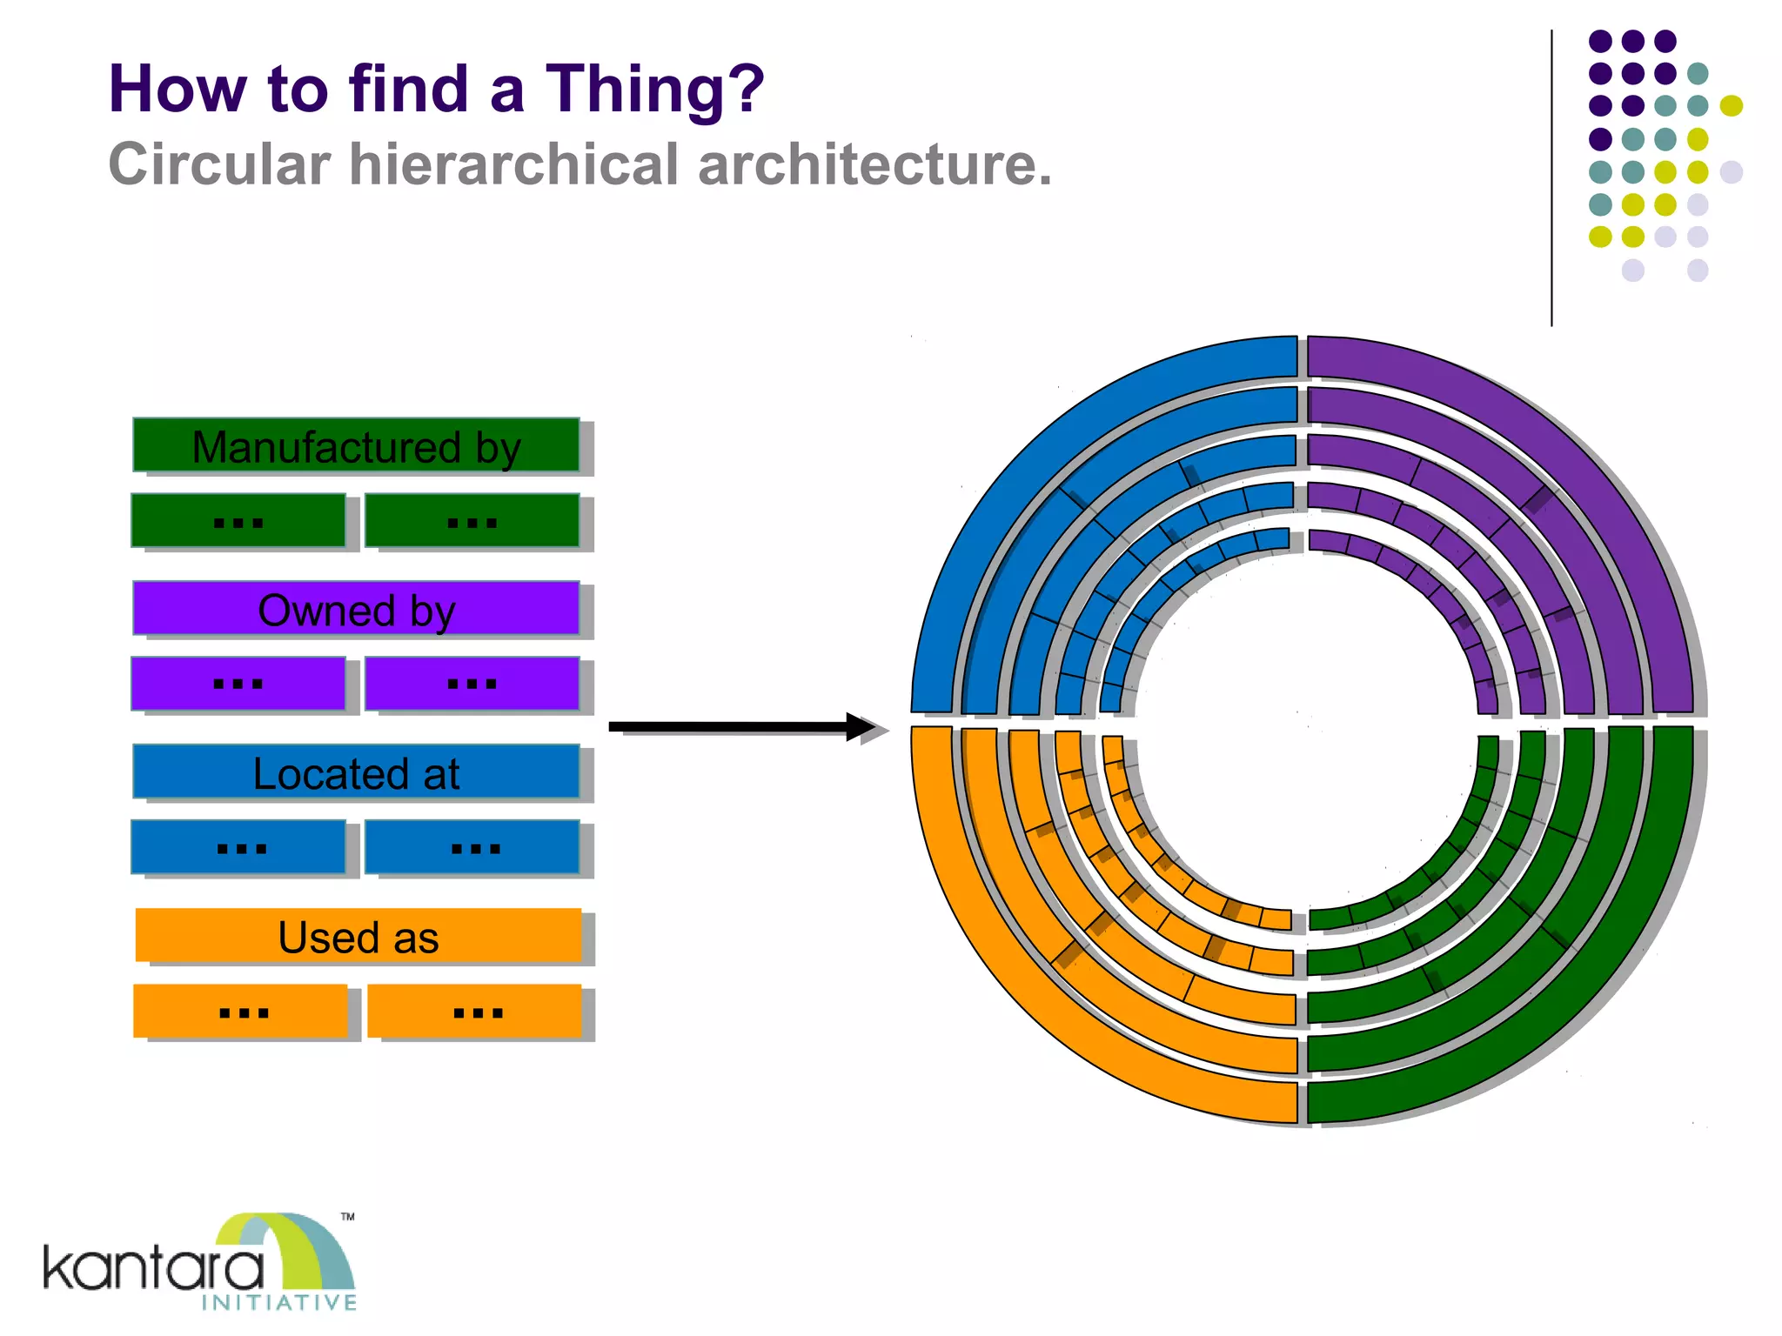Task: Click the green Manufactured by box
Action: [x=356, y=445]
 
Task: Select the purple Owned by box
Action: [x=356, y=608]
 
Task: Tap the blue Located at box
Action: [x=356, y=772]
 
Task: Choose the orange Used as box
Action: [x=358, y=935]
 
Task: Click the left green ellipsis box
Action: [x=238, y=520]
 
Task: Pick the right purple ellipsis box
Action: [x=472, y=683]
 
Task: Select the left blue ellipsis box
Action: [x=238, y=846]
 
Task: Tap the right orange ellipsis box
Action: [x=475, y=1010]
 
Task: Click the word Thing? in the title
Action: [x=654, y=89]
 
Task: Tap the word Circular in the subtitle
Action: [x=218, y=164]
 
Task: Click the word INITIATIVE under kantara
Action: [x=279, y=1302]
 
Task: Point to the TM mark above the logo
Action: [x=348, y=1217]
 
